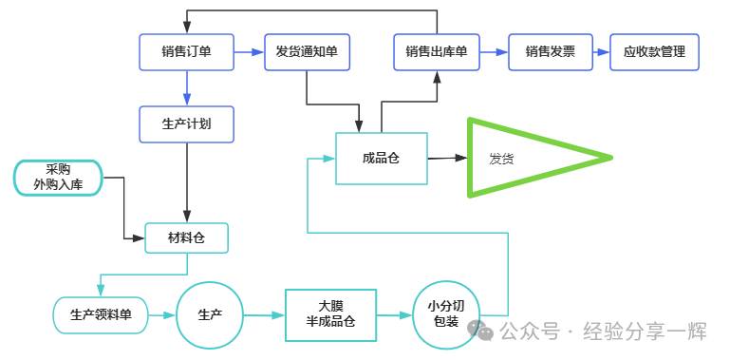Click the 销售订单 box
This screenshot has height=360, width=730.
click(x=187, y=52)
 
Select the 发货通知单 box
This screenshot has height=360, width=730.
click(x=307, y=52)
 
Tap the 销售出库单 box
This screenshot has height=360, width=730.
click(x=437, y=52)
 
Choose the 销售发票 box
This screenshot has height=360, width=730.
click(x=551, y=52)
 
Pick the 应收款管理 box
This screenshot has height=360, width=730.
click(x=655, y=52)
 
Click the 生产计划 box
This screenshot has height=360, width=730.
click(x=187, y=124)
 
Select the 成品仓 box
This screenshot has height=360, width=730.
click(x=382, y=159)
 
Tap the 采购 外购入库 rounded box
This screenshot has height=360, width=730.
click(x=58, y=178)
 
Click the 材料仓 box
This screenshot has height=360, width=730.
click(x=187, y=238)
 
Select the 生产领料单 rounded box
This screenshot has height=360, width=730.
click(x=101, y=315)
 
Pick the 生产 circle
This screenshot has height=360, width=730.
click(x=210, y=315)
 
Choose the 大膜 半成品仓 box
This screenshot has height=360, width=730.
click(x=330, y=315)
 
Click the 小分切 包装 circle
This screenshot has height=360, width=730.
click(x=446, y=314)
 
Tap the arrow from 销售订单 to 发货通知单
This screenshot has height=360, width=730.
click(x=249, y=52)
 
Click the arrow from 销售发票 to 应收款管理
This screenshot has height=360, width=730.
click(x=602, y=52)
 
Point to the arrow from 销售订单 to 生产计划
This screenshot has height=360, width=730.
click(x=187, y=88)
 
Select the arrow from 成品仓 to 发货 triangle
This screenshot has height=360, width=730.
click(x=447, y=158)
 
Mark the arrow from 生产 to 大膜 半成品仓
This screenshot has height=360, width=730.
click(x=265, y=315)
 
